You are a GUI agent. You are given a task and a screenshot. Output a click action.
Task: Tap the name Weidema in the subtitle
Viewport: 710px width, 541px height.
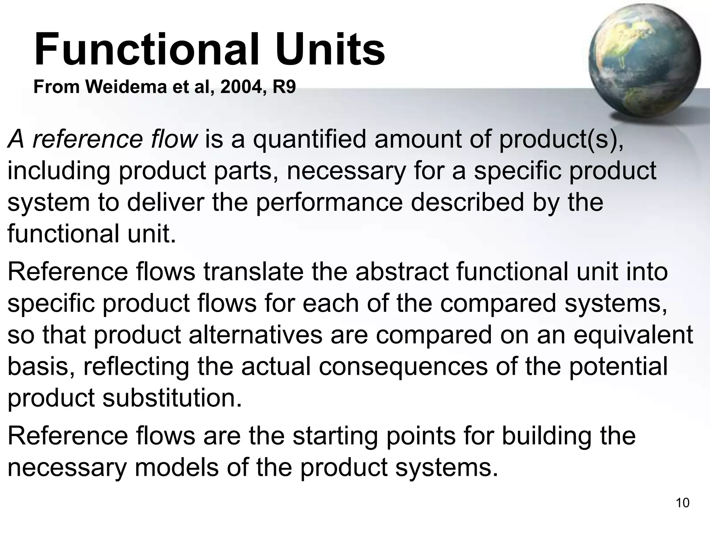click(x=127, y=87)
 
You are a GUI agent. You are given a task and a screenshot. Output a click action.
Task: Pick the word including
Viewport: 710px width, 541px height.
click(x=59, y=171)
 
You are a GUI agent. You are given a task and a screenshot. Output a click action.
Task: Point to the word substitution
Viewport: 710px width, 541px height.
click(x=172, y=398)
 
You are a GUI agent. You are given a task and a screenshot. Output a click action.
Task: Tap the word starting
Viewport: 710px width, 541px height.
click(x=335, y=436)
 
